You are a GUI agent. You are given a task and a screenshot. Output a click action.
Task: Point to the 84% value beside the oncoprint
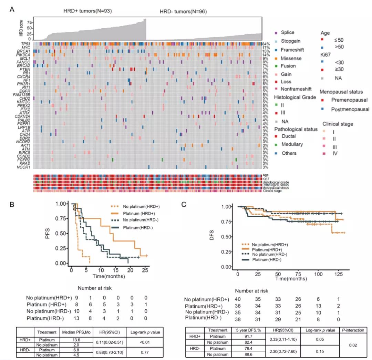click(x=265, y=44)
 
